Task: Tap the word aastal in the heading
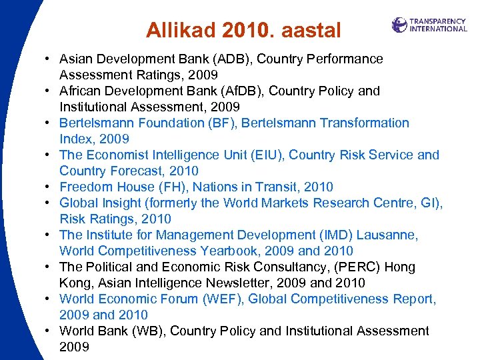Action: coord(311,30)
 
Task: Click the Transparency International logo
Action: coord(429,25)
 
